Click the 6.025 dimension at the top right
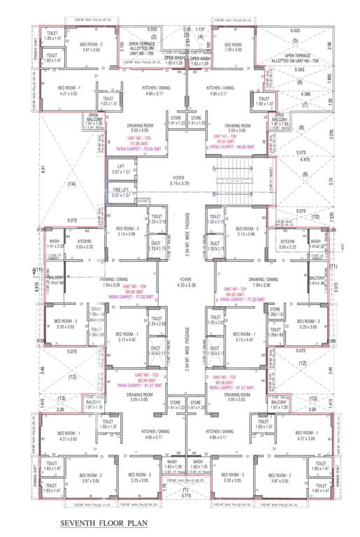294,31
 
